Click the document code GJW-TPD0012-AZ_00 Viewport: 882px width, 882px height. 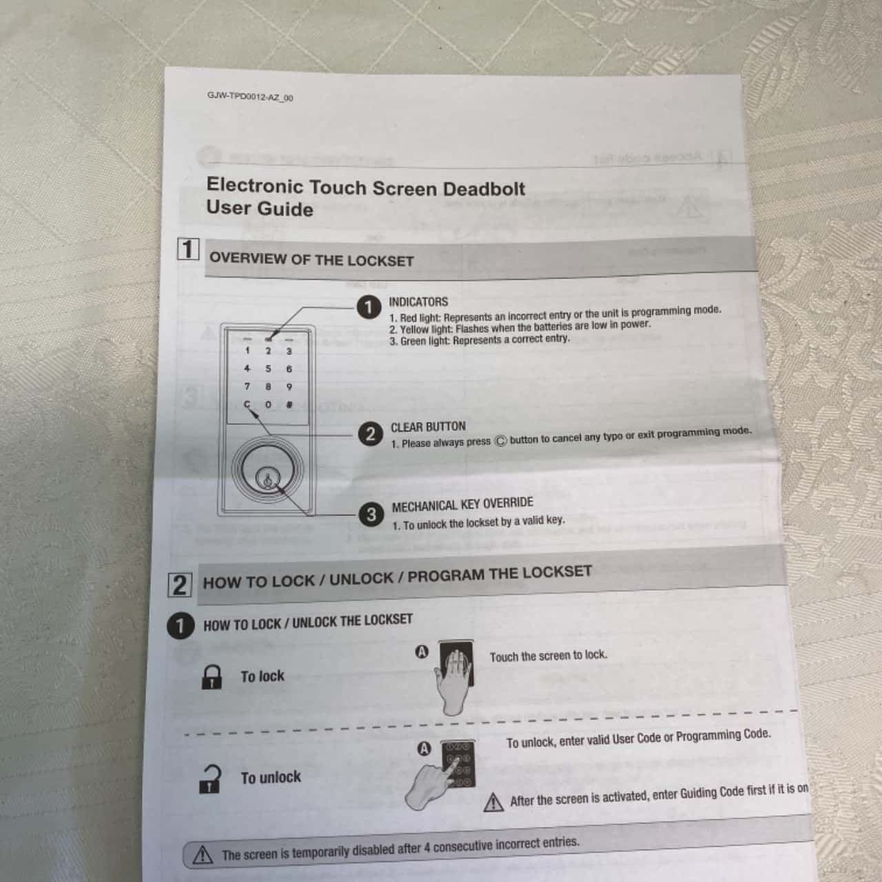[x=249, y=96]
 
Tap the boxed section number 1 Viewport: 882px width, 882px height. [x=188, y=249]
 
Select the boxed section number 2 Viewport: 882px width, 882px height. [x=179, y=584]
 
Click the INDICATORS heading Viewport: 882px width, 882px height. [x=418, y=302]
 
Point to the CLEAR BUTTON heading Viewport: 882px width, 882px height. [x=428, y=427]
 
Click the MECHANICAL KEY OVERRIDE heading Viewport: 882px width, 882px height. [x=462, y=504]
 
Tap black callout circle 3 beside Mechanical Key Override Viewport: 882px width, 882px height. [x=371, y=514]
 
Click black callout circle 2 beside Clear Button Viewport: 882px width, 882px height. [x=370, y=433]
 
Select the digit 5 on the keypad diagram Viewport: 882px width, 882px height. [x=268, y=369]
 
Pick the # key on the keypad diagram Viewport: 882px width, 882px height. [x=289, y=404]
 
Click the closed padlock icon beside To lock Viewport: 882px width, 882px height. [x=212, y=677]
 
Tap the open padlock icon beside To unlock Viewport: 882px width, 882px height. [x=210, y=779]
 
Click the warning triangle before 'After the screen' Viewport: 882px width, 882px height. [x=493, y=803]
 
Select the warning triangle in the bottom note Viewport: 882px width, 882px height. [x=203, y=855]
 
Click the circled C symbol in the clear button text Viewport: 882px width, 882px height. [x=500, y=441]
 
